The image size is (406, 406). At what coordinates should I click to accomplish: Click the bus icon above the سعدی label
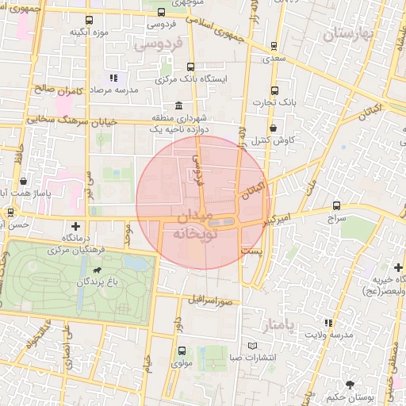274,46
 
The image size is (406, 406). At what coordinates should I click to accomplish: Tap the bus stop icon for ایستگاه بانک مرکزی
190,67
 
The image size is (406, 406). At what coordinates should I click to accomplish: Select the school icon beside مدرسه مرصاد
113,79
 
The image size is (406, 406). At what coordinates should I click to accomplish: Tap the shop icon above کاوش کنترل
273,128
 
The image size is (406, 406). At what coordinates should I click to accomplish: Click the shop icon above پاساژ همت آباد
24,181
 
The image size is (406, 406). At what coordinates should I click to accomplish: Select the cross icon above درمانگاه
75,225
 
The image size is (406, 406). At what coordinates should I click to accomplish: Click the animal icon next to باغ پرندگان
96,270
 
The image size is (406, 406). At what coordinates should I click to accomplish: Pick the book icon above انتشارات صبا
252,346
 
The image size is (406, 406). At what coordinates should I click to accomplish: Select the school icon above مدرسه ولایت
328,323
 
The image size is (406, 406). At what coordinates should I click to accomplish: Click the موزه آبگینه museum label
89,33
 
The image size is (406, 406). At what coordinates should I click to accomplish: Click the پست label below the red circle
251,251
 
